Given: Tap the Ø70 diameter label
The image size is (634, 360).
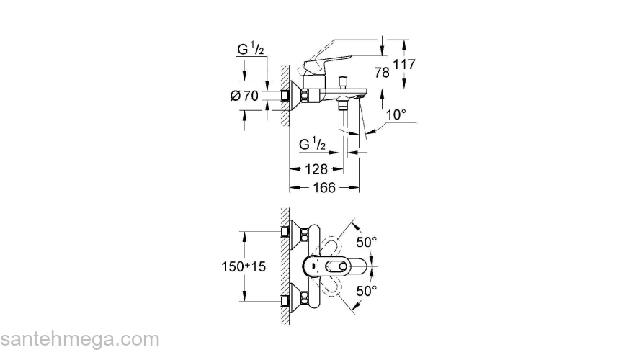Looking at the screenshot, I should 244,95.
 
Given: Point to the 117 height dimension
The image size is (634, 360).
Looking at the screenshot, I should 406,65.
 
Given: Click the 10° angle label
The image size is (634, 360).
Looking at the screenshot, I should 396,114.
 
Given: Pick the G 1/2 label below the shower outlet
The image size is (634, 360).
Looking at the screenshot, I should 313,145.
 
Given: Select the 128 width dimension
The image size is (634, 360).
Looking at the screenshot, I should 316,169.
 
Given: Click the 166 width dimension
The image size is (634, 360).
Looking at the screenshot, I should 324,188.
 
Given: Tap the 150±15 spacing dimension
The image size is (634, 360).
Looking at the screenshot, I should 242,266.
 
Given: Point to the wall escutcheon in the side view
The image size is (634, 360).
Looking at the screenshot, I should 286,94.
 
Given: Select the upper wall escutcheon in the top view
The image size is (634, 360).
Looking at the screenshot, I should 286,233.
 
